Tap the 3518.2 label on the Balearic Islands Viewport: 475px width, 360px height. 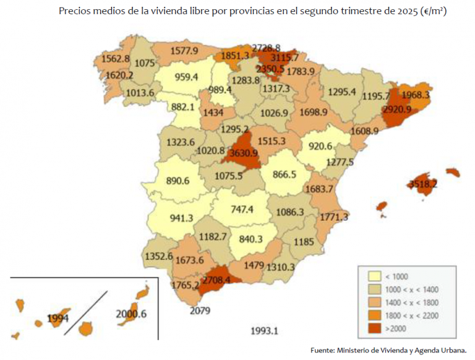tap(422, 184)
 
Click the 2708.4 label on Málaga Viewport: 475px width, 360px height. tap(221, 280)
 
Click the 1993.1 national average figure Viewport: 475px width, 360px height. tap(264, 330)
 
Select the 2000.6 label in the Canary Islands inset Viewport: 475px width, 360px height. tap(131, 314)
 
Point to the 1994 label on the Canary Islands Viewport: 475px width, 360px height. tap(58, 319)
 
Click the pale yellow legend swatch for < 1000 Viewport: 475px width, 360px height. tap(374, 276)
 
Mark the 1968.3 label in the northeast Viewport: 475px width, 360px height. tap(415, 96)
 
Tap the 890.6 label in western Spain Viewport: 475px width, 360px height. tap(178, 181)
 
